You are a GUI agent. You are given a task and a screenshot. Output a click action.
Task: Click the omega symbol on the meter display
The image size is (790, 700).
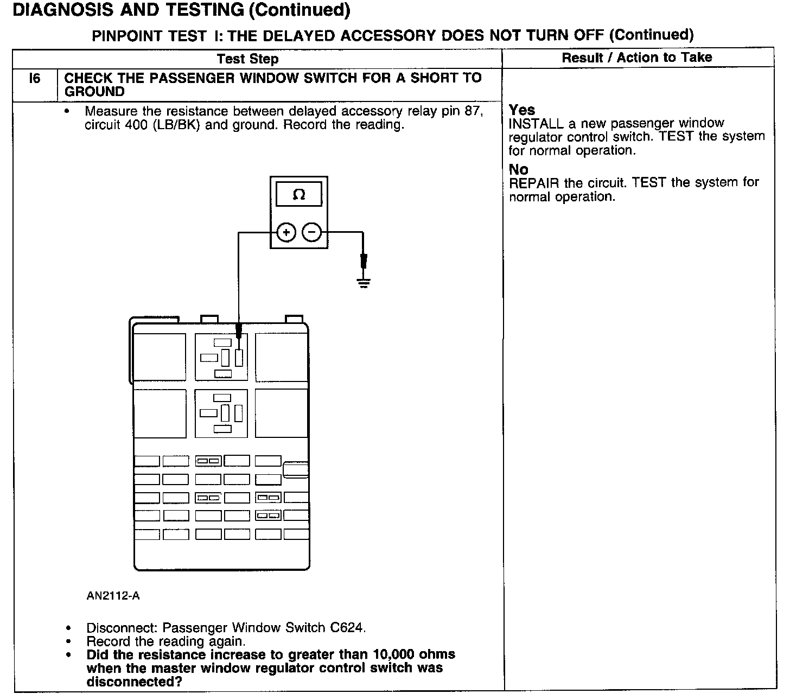[299, 195]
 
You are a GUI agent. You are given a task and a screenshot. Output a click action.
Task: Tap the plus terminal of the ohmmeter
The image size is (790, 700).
[286, 233]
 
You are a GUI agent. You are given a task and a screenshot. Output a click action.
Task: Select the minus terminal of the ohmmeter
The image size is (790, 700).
[311, 233]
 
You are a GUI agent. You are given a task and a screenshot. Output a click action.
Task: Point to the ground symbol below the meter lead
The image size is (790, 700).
[364, 282]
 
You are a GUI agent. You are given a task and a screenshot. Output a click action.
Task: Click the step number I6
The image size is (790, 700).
[34, 79]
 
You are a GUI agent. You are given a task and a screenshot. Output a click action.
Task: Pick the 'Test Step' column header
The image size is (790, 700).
[247, 59]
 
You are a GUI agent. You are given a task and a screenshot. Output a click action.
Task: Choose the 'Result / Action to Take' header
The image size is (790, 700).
[636, 58]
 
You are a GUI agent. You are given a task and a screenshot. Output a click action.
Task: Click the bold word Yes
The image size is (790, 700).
[522, 110]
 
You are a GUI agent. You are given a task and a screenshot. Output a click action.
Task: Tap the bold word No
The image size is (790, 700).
[518, 169]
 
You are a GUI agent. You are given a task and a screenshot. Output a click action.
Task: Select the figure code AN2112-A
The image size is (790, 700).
[113, 596]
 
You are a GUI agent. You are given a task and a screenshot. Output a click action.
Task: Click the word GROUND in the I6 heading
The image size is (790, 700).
[94, 92]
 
